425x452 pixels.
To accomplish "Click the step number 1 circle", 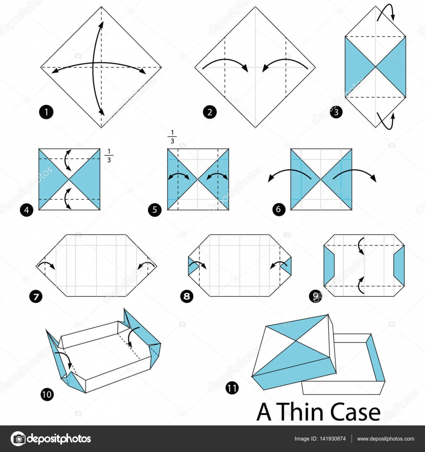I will coord(46,112).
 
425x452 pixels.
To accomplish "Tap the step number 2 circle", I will coord(210,112).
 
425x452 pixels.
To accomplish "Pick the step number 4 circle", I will coord(26,210).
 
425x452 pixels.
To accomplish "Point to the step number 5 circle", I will coord(154,210).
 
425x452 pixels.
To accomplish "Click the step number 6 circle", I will coord(278,210).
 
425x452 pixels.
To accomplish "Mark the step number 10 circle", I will coord(48,394).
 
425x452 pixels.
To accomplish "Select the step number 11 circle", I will coord(231,388).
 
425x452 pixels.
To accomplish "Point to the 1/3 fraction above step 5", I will coord(171,137).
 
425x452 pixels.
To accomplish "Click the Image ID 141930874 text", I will coord(320,439).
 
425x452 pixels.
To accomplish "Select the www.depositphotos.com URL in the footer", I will coord(385,439).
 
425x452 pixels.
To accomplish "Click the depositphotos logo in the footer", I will coord(51,439).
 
